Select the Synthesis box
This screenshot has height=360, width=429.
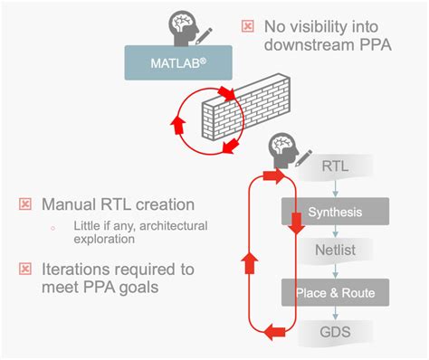coord(335,213)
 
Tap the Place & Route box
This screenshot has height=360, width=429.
coord(335,292)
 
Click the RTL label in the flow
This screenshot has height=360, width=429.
coord(336,167)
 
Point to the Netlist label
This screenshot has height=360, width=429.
coord(336,252)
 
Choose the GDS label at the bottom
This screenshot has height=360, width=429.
coord(336,332)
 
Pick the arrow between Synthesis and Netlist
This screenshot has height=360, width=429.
coord(336,233)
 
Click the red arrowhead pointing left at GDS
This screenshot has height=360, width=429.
coord(272,333)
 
